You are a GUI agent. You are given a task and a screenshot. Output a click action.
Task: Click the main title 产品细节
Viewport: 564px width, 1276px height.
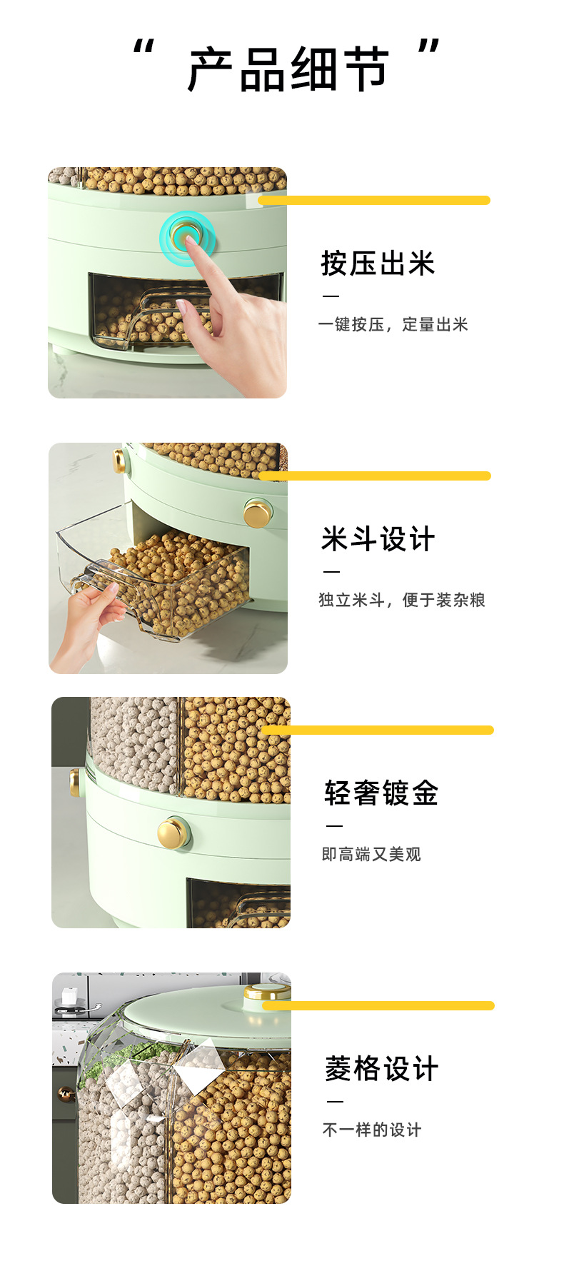click(x=288, y=69)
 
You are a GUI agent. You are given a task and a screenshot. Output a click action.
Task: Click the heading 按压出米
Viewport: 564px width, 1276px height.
click(x=378, y=263)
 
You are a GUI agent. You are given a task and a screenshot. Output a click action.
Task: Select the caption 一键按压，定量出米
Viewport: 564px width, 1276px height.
click(x=393, y=325)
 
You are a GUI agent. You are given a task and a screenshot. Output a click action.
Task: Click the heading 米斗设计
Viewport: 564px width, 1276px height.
click(x=378, y=539)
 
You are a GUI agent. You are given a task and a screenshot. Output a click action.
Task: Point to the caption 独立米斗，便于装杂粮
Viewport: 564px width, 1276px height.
click(x=401, y=601)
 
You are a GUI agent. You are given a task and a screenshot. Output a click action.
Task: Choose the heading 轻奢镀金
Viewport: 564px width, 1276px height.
click(x=381, y=793)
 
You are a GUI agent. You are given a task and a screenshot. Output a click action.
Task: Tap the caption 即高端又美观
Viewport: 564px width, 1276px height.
click(x=371, y=855)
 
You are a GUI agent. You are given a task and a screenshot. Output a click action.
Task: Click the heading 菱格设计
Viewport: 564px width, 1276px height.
click(x=381, y=1069)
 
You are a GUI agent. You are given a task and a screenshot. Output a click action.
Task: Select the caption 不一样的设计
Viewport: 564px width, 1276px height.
click(x=372, y=1130)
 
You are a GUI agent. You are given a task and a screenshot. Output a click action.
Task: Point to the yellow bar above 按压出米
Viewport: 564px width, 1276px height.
click(x=374, y=201)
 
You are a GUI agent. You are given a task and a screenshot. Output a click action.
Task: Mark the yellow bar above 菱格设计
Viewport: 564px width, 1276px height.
click(x=378, y=1006)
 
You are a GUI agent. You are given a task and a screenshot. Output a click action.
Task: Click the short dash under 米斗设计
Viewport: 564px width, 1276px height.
click(x=331, y=572)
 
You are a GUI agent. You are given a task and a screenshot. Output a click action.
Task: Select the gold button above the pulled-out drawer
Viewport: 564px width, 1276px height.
click(x=256, y=513)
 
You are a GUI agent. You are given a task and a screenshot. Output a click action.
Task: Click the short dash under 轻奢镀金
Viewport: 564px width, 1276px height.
click(x=334, y=826)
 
